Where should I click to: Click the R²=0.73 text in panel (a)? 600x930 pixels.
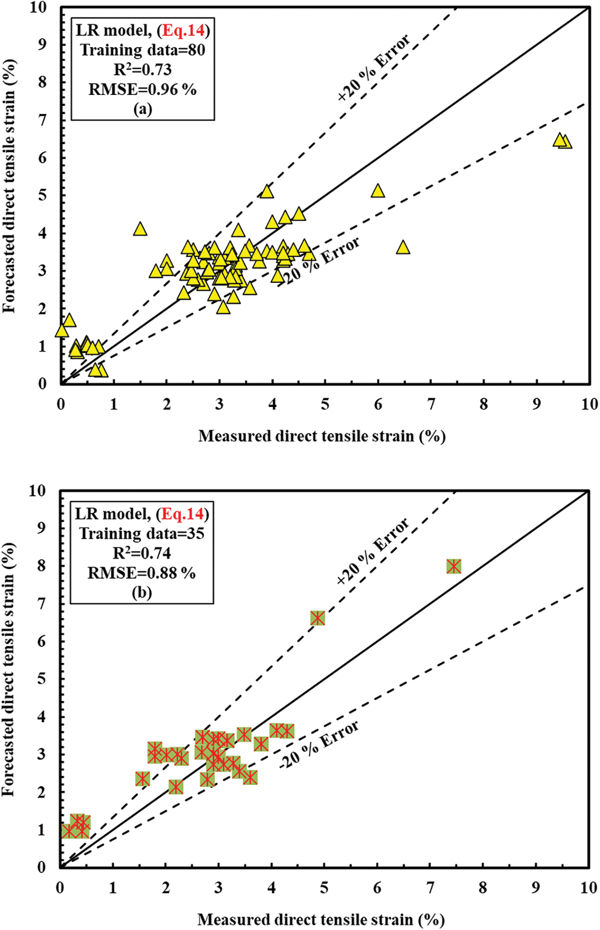point(143,70)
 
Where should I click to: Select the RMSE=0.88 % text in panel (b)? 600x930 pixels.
point(142,573)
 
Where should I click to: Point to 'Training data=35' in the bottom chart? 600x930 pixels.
point(142,533)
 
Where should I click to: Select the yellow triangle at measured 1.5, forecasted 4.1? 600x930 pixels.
point(140,229)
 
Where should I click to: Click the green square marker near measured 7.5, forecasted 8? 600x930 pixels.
point(454,566)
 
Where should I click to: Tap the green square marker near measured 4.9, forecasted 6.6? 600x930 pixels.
point(317,618)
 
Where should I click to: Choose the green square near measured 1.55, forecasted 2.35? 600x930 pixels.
point(143,778)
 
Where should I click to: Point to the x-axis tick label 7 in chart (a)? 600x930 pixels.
point(431,404)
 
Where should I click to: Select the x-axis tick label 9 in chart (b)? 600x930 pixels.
point(536,888)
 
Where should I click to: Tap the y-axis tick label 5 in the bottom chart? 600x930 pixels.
point(42,679)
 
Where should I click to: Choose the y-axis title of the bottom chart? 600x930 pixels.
point(9,671)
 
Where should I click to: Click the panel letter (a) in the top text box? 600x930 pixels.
point(143,109)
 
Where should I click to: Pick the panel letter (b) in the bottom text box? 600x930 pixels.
point(142,593)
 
